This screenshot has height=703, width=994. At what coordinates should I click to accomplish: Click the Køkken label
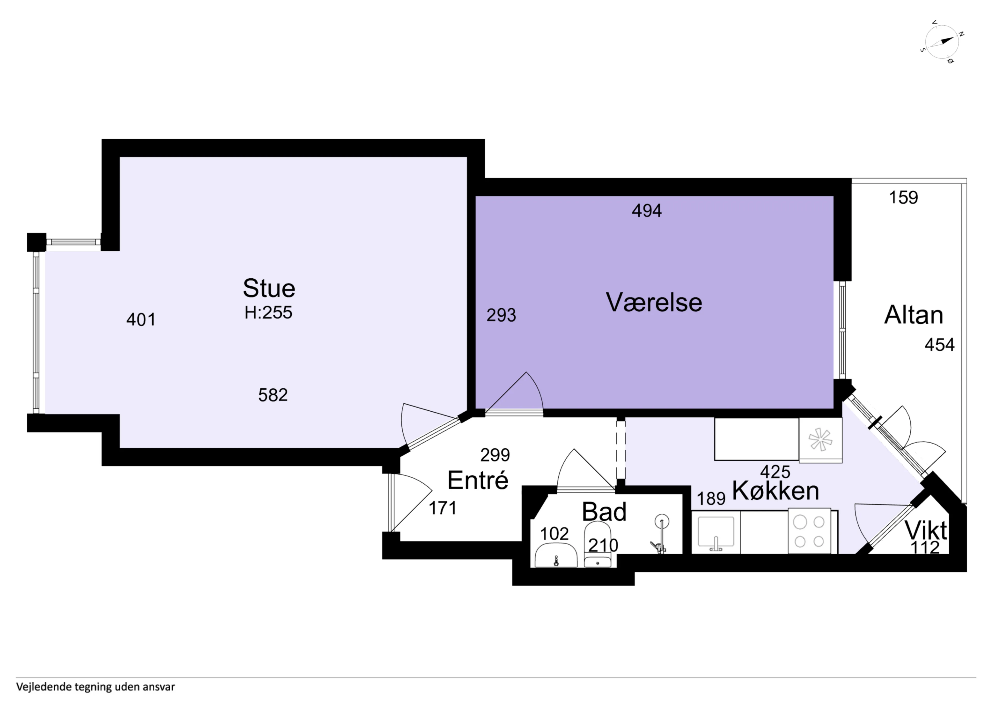(775, 491)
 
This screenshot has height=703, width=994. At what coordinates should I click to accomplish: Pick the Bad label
(604, 512)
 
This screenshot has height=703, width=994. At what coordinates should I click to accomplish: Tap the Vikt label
(926, 530)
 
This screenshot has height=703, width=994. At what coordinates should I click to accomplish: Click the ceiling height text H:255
(268, 312)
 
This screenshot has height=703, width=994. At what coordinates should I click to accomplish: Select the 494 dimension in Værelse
(647, 211)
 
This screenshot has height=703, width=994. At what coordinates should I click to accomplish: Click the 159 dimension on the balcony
(903, 198)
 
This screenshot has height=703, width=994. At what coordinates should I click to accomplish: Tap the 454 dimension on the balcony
(939, 345)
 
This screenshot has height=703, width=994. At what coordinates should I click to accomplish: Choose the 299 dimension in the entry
(495, 455)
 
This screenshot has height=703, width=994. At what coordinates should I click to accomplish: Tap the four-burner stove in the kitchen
(809, 531)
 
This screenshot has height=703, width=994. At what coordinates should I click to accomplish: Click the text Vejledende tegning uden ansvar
(96, 687)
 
